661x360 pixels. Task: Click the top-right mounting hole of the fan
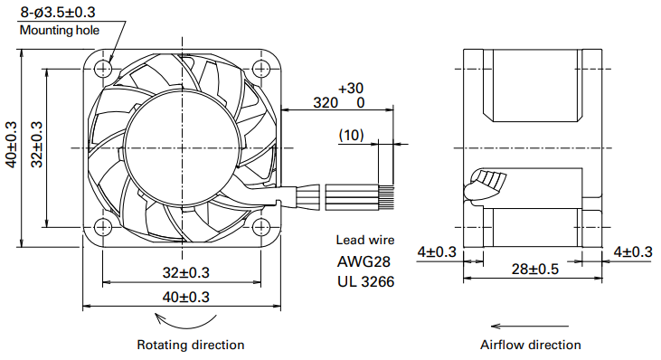coord(261,68)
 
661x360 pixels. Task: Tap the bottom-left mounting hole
coord(103,228)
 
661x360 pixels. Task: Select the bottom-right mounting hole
coord(261,228)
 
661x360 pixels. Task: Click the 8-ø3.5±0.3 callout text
coord(58,13)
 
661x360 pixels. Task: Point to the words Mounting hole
coord(60,31)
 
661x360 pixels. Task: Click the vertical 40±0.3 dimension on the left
coord(12,144)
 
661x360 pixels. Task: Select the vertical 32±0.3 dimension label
coord(37,144)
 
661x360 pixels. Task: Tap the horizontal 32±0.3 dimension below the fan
coord(186,273)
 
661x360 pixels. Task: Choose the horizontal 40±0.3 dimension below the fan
coord(186,298)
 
